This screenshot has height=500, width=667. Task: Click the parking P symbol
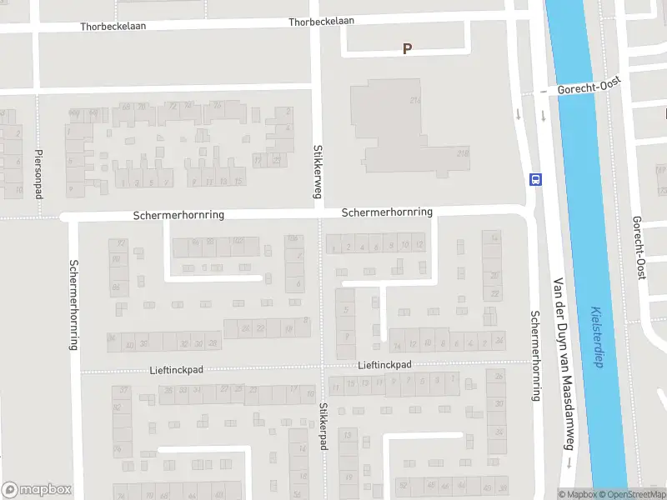(x=407, y=49)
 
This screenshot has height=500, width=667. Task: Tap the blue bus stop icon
(x=535, y=179)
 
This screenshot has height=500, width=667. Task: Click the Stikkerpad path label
(x=323, y=427)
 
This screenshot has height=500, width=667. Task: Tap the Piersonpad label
(x=38, y=173)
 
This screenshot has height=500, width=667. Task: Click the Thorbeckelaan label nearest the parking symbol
(x=322, y=22)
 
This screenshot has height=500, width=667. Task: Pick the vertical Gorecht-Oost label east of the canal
(x=640, y=247)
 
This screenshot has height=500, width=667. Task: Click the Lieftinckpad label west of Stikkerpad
(x=176, y=369)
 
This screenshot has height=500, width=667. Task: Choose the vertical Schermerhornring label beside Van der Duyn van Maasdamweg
(x=535, y=356)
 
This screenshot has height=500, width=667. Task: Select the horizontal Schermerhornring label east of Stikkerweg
(x=387, y=212)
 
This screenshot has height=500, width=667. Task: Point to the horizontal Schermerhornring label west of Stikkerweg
(x=178, y=215)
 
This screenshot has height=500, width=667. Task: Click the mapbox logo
(x=37, y=490)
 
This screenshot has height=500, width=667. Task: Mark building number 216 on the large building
(x=414, y=100)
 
